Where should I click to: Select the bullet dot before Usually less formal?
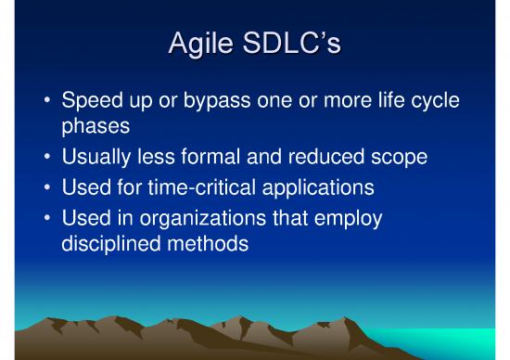pos(45,157)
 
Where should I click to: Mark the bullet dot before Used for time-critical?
pos(45,186)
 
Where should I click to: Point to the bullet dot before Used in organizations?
pos(45,216)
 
